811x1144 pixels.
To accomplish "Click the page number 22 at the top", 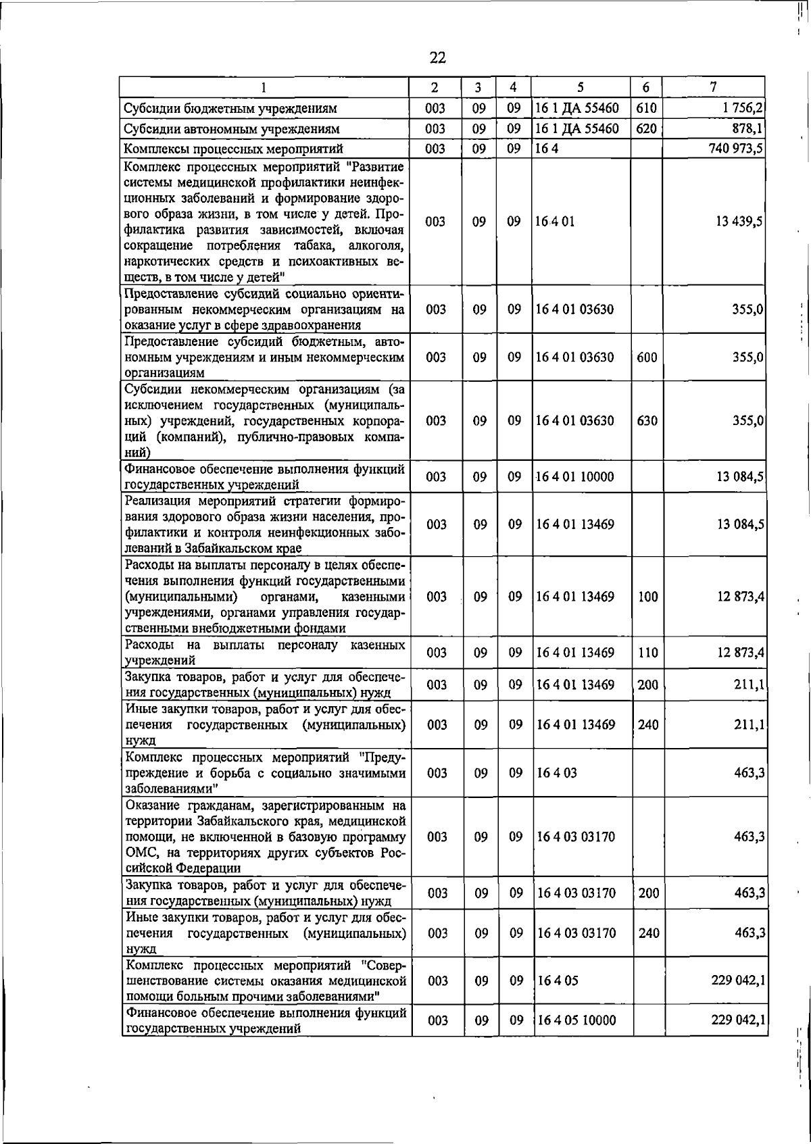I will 437,57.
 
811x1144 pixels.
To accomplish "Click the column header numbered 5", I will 581,87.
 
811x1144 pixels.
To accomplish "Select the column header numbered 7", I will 713,86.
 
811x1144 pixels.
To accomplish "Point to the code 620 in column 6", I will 647,128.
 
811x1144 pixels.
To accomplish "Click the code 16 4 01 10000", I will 575,477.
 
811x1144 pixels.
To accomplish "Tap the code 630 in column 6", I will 647,420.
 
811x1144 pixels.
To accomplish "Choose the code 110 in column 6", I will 647,653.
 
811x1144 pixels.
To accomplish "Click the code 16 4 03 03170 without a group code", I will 576,837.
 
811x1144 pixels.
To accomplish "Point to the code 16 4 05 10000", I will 576,1020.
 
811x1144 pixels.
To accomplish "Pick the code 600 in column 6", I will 647,357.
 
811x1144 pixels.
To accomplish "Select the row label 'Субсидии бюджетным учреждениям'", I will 230,108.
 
